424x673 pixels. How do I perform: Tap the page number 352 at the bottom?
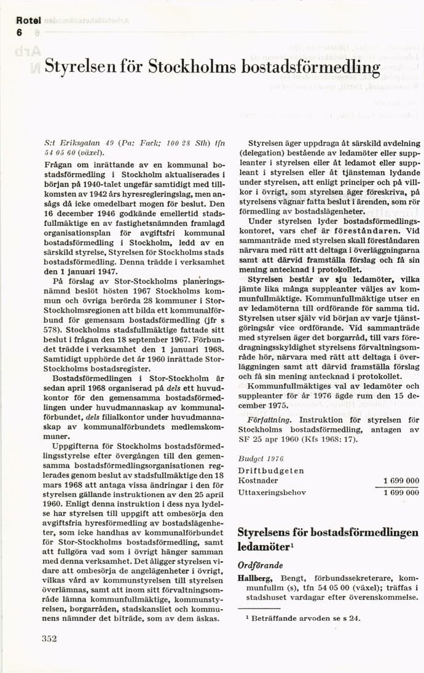coord(49,639)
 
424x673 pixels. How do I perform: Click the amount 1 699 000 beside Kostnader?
coord(401,480)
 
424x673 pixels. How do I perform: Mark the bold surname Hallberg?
coord(256,578)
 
